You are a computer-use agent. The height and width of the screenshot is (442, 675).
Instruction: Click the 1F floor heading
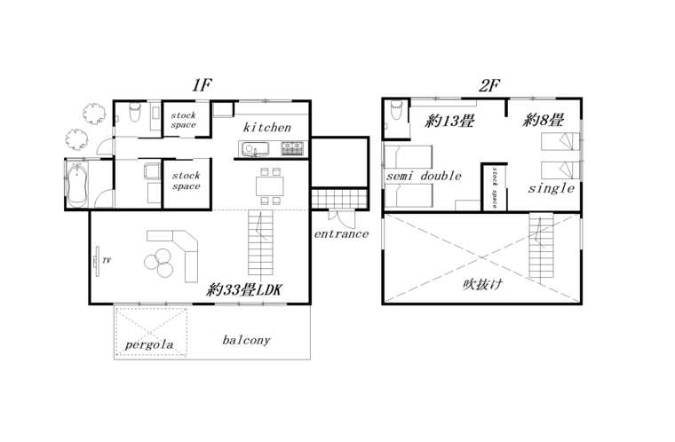click(x=202, y=85)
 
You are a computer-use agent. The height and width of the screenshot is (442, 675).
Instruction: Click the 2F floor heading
click(x=489, y=85)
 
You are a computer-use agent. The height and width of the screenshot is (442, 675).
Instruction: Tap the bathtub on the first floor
click(x=77, y=185)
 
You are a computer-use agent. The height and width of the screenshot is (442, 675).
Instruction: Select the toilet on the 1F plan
click(x=135, y=112)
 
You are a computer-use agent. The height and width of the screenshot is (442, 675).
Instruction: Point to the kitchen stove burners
click(x=292, y=148)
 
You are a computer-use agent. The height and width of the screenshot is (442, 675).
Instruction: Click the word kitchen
click(x=267, y=128)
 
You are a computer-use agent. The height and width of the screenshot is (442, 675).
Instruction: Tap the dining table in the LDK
click(x=270, y=185)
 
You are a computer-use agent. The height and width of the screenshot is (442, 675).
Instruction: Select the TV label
click(x=107, y=260)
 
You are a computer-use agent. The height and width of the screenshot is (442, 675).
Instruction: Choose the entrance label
click(x=341, y=233)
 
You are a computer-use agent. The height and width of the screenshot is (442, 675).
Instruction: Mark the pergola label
click(x=149, y=344)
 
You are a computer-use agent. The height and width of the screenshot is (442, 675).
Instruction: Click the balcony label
click(x=246, y=340)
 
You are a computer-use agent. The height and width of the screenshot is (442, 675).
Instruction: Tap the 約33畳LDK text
click(x=244, y=289)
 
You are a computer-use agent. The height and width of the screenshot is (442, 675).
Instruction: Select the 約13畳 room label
click(x=449, y=121)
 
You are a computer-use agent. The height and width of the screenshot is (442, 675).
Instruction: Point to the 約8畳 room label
click(x=544, y=120)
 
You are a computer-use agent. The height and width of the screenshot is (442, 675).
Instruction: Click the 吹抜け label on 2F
click(x=482, y=284)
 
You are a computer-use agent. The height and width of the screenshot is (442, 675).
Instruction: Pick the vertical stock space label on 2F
click(x=494, y=187)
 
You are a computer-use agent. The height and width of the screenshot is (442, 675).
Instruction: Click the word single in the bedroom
click(x=552, y=188)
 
